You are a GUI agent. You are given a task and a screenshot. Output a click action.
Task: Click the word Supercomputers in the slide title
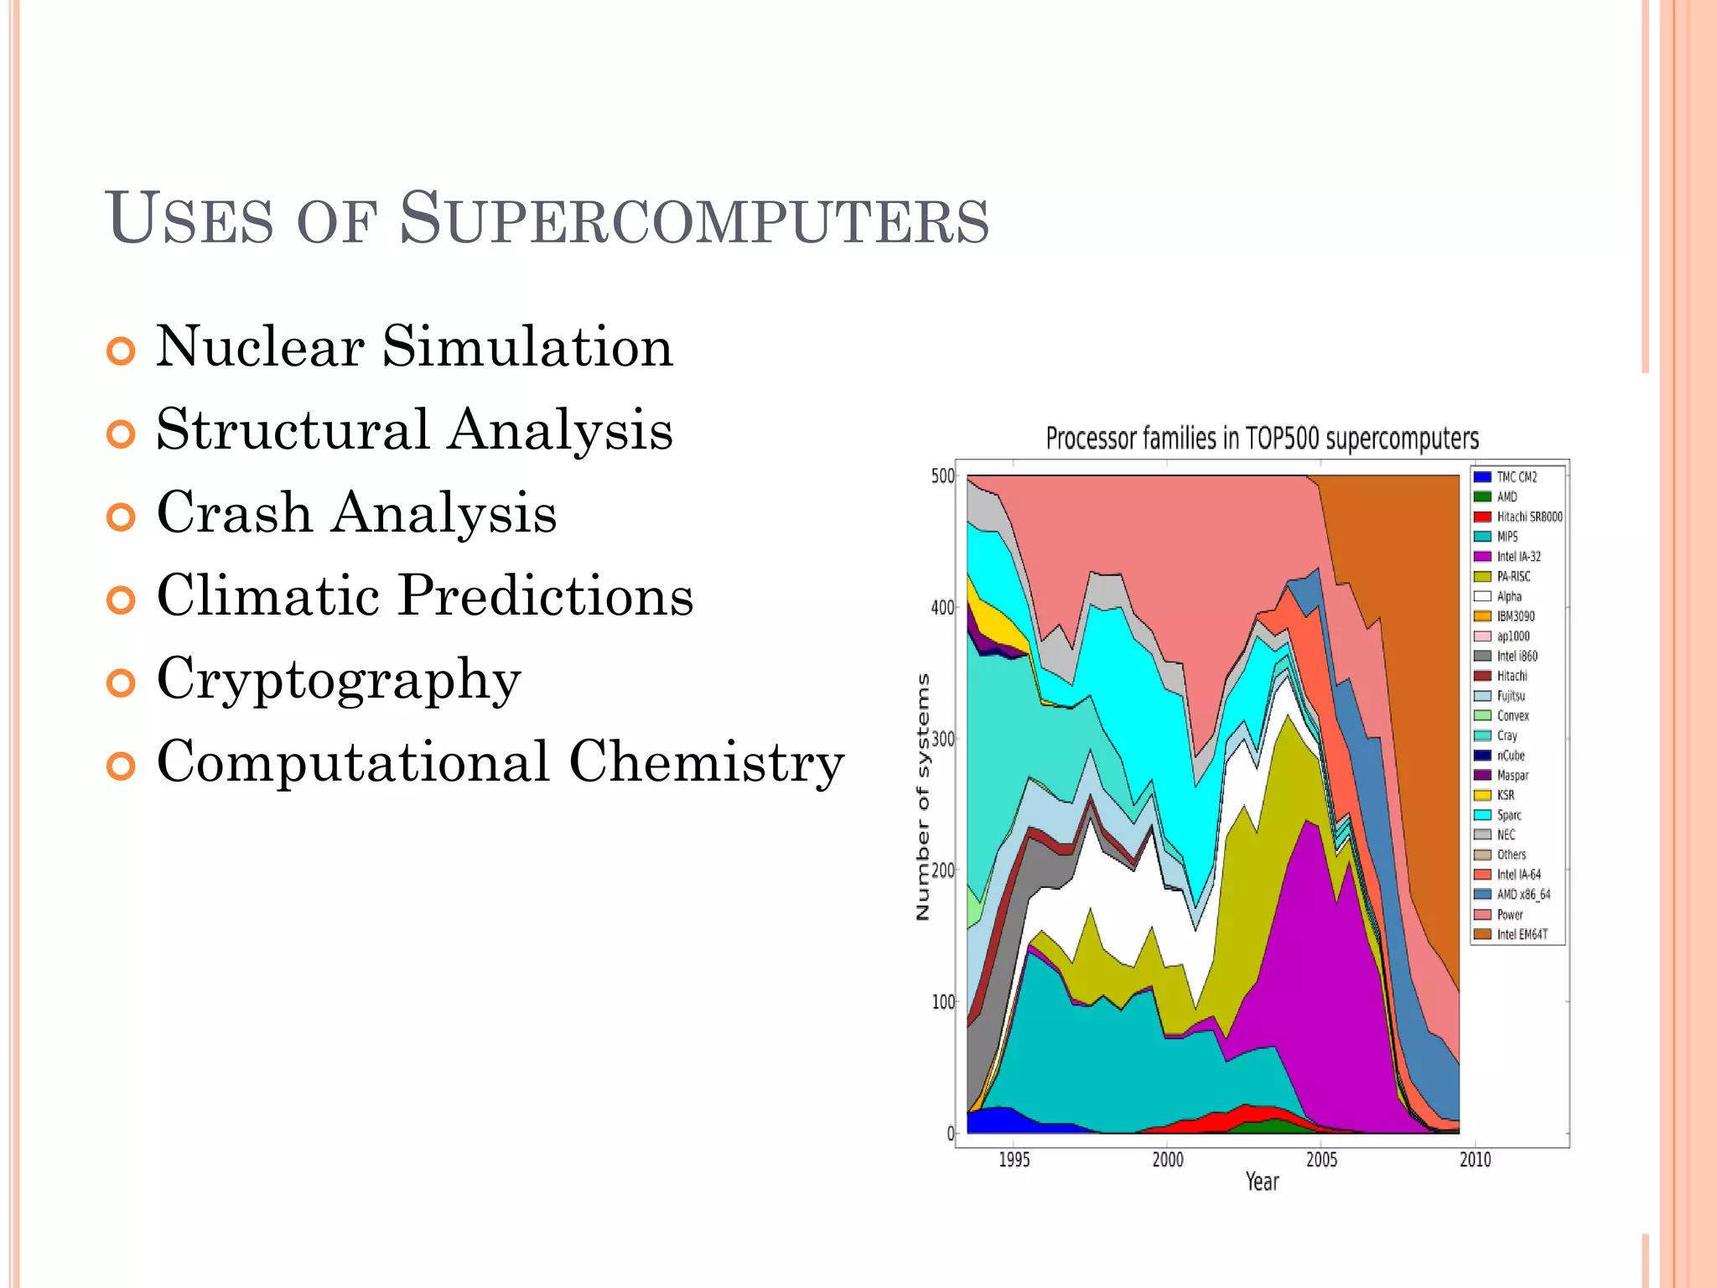[x=694, y=220]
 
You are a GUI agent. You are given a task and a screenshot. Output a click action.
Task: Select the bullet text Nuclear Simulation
[x=414, y=346]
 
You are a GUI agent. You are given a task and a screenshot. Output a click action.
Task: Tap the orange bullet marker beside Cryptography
[x=122, y=683]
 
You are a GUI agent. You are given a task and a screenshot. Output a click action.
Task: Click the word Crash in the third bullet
[x=235, y=512]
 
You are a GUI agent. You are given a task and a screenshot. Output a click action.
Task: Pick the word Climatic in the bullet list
[x=269, y=595]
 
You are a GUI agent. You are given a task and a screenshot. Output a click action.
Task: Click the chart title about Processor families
[x=1262, y=439]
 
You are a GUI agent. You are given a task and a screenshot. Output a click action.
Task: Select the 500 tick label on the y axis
[x=943, y=476]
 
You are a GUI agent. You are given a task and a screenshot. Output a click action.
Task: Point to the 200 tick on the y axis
[x=943, y=870]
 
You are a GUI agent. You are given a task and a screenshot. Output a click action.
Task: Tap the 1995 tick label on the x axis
[x=1014, y=1160]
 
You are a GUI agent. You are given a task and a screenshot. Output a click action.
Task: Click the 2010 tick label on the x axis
[x=1475, y=1160]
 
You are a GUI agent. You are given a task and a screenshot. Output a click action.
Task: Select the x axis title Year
[x=1262, y=1182]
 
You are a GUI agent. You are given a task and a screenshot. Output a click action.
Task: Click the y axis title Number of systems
[x=923, y=797]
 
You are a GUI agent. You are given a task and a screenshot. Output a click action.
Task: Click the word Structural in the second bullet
[x=293, y=429]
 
